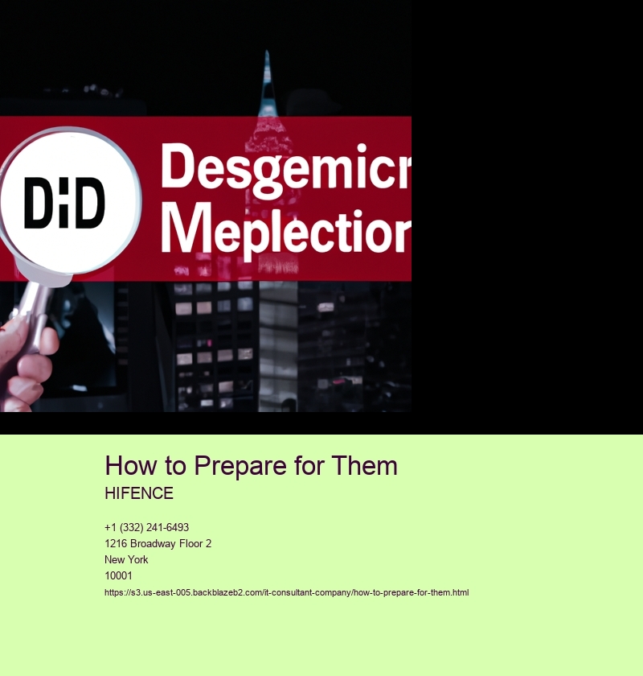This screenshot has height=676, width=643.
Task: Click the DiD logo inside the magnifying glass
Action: [x=64, y=203]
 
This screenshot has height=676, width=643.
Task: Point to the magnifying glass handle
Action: [x=32, y=311]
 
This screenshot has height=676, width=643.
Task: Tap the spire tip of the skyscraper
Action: [x=267, y=52]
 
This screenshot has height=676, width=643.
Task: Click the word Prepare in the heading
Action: [x=240, y=467]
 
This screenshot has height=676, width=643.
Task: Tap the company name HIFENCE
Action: [x=139, y=493]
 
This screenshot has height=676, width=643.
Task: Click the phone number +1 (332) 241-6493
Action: [x=146, y=527]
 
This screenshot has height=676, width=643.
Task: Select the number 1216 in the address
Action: [x=116, y=543]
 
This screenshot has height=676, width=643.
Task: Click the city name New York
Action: [x=126, y=559]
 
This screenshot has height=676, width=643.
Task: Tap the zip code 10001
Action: [x=118, y=575]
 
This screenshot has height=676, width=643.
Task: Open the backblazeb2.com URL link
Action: [x=286, y=592]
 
